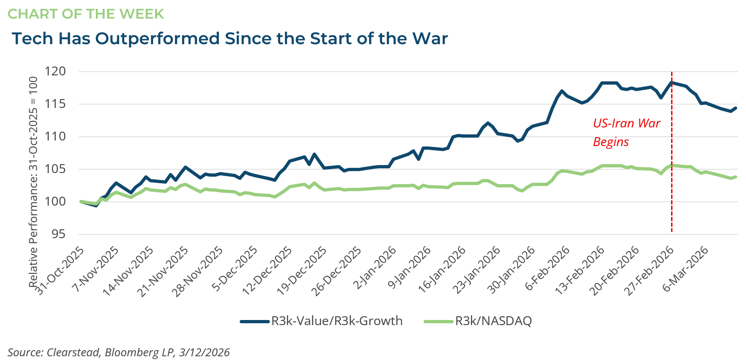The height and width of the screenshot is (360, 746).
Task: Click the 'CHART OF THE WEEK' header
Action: click(x=86, y=14)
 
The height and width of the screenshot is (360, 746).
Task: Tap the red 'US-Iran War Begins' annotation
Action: click(x=626, y=133)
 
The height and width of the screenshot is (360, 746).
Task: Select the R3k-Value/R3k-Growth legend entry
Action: click(x=321, y=321)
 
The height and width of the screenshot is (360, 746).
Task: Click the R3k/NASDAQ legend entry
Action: click(x=478, y=321)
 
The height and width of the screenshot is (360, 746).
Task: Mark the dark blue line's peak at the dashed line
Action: click(x=672, y=83)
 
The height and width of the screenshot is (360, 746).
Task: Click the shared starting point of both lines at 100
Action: click(x=81, y=201)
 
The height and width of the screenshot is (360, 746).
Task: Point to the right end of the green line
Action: click(x=736, y=177)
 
